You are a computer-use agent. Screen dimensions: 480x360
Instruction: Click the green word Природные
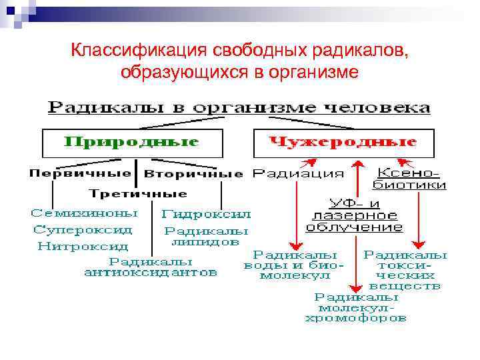click(x=131, y=142)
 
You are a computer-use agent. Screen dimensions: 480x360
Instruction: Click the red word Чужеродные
click(x=343, y=142)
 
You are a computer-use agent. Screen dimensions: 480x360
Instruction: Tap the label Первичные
click(x=80, y=173)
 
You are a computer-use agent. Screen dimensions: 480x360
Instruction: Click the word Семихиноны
click(x=85, y=213)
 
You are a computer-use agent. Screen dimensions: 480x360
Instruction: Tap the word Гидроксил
click(x=206, y=214)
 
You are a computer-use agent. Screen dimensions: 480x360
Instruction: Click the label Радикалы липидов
click(x=206, y=237)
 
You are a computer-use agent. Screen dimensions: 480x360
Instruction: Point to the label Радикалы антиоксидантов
click(x=151, y=267)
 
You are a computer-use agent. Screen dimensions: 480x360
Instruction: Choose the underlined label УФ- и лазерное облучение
click(x=355, y=215)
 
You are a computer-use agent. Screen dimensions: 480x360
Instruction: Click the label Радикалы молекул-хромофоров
click(x=355, y=307)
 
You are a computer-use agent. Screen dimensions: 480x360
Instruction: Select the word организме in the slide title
click(x=313, y=71)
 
